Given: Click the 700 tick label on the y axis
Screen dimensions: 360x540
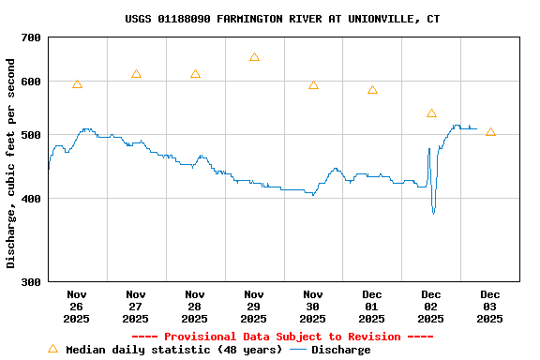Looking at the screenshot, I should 31,37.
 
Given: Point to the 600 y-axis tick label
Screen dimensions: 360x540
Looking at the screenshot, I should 31,82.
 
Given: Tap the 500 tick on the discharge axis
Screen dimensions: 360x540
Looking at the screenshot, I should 31,135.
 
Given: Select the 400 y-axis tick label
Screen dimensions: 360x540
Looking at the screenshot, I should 31,199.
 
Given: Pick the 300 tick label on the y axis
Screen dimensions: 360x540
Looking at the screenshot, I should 31,281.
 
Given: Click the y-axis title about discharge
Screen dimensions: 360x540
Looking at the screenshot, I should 11,163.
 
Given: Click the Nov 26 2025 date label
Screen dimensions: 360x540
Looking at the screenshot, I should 77,306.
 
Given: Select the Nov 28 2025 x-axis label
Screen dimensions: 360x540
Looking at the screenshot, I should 195,306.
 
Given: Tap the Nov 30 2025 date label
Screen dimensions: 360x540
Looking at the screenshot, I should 313,306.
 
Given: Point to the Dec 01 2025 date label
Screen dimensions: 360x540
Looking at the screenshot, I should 372,306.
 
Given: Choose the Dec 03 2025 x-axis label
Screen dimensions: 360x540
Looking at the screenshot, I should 489,306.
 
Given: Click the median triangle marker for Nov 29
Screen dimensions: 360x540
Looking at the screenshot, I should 254,57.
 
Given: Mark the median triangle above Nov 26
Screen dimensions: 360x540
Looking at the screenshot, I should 77,84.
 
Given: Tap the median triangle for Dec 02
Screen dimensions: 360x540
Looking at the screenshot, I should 431,113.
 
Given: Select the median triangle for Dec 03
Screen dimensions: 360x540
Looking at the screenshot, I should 490,132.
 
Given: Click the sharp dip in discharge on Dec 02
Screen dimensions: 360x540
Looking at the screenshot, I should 433,213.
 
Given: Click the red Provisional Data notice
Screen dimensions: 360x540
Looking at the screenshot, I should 282,337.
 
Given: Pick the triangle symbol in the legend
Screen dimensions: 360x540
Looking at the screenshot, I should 52,349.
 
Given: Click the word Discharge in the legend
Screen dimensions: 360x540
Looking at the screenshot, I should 340,350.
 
